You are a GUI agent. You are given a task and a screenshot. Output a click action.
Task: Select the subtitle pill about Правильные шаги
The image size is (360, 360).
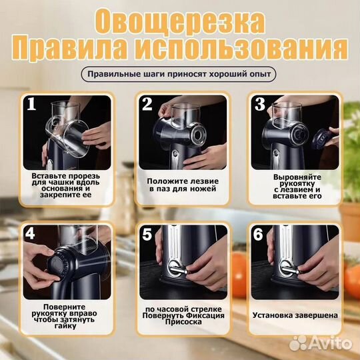[x=180, y=74]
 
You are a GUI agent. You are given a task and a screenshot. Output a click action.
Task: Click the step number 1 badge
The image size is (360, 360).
[x=31, y=104]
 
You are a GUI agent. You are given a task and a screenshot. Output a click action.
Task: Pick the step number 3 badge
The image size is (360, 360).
[x=259, y=104]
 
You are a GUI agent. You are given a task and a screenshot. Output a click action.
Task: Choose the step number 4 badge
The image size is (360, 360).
[x=31, y=233]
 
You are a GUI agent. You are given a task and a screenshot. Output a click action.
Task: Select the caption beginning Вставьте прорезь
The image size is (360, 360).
[x=66, y=184]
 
